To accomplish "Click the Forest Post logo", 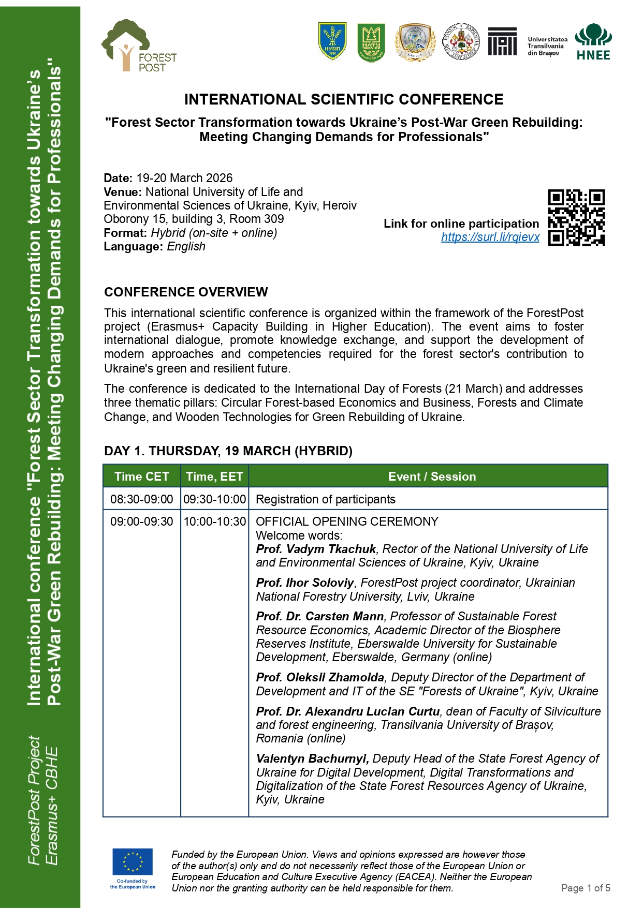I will (x=139, y=47).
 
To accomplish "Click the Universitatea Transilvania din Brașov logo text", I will (x=547, y=46).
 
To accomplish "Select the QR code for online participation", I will (x=576, y=218).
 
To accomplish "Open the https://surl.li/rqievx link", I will (x=490, y=237).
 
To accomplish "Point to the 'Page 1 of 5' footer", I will (x=586, y=888).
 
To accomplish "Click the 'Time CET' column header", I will (x=141, y=477).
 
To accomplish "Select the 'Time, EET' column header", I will (x=214, y=477).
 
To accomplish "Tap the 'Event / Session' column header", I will (x=432, y=477).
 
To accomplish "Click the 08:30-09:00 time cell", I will (x=141, y=499).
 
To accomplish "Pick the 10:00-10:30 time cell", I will (x=214, y=522).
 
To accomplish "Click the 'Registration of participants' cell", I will (x=326, y=499).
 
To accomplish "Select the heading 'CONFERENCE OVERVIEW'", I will (x=186, y=292).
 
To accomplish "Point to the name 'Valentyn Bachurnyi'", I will (x=312, y=758).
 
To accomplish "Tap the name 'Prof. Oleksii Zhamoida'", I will (x=320, y=677).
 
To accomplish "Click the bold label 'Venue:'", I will (x=123, y=192).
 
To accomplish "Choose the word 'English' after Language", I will (x=186, y=246).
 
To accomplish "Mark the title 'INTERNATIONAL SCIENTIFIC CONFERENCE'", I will (x=344, y=99).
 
